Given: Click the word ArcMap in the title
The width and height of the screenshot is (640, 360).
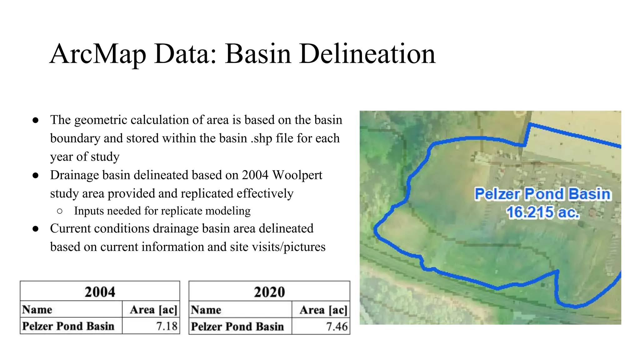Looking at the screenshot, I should (x=98, y=54).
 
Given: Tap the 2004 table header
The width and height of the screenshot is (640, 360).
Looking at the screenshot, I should (x=100, y=292).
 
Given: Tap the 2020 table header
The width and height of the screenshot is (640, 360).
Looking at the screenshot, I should (x=269, y=292).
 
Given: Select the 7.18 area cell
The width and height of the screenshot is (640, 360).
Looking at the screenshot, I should (x=167, y=326).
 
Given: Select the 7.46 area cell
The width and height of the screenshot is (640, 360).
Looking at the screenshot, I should (x=337, y=327).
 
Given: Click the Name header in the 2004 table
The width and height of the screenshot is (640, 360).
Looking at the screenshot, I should (x=37, y=309).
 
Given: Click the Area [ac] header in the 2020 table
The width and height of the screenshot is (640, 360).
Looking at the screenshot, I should (x=323, y=310).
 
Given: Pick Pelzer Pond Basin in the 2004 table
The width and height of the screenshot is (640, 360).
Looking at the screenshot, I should (x=68, y=326).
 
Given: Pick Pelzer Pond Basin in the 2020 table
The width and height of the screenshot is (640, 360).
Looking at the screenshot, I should (x=237, y=327).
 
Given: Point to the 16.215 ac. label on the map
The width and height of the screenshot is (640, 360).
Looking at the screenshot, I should (x=543, y=212).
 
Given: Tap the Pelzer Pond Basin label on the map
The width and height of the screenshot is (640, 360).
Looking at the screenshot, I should (x=542, y=194).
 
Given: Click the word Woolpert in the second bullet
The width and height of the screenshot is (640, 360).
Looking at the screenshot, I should (x=297, y=175).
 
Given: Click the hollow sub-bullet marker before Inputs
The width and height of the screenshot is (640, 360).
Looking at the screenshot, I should (x=60, y=211).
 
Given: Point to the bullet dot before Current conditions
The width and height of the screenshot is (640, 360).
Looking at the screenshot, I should (x=36, y=229).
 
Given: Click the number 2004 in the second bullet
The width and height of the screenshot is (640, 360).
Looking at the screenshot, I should (x=255, y=175).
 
